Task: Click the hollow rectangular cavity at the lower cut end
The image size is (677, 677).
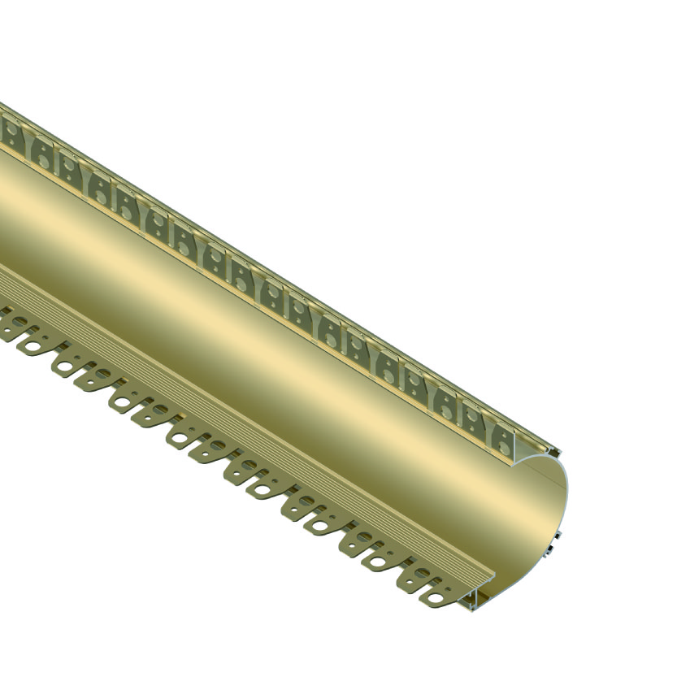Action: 480,602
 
